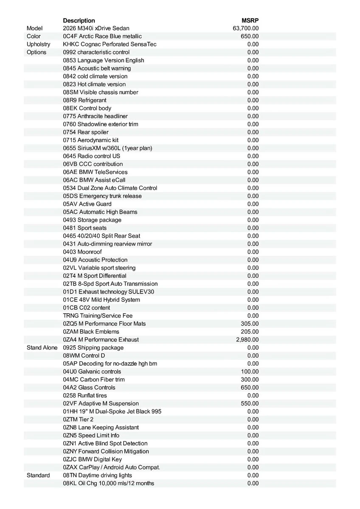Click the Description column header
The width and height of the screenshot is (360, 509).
pos(79,20)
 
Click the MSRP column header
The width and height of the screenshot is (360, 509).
pos(250,20)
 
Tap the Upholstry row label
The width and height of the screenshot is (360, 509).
pos(38,44)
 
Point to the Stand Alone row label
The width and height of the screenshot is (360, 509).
pos(42,348)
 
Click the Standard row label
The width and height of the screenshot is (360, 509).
pos(38,475)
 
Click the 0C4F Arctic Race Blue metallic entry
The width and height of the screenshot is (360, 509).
pos(102,36)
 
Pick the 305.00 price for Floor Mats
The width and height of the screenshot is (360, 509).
pos(250,324)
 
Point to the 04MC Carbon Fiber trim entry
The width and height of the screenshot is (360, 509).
pos(94,380)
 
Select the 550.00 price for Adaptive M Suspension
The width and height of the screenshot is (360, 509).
pos(250,403)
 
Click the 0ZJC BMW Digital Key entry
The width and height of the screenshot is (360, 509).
pos(92,459)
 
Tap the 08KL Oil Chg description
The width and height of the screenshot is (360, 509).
pos(109,484)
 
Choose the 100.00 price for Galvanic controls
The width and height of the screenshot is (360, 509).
pos(250,372)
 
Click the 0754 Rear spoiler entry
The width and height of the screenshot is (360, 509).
pos(86,132)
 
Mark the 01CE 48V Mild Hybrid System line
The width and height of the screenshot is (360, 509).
pos(101,300)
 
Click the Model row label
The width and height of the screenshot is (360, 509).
pos(35,28)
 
